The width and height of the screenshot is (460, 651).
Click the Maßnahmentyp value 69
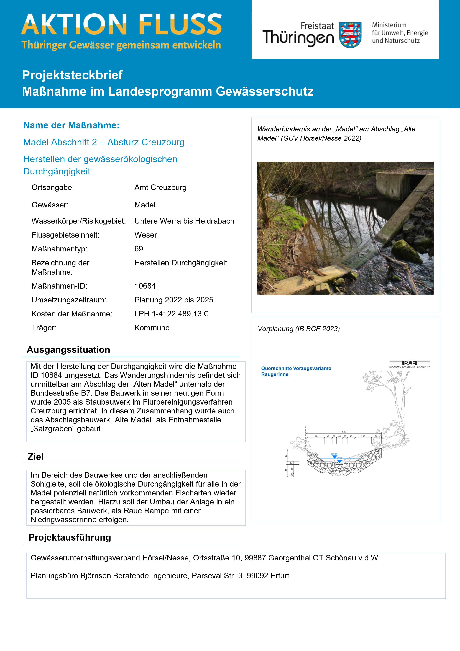139,249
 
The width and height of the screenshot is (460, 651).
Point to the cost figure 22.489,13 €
188,314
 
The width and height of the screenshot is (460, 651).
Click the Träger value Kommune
152,328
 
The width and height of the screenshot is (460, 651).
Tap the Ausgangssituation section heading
68,350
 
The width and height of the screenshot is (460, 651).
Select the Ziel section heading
35,457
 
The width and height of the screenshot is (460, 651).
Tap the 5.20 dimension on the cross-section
344,431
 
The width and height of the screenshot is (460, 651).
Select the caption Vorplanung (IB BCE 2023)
298,329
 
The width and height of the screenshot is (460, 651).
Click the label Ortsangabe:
53,187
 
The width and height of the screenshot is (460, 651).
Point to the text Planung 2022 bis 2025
174,300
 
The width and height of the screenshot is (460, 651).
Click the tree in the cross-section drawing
397,403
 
